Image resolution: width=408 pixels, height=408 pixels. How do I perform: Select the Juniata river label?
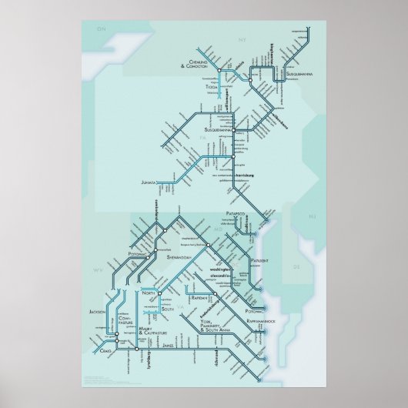[x=154, y=183]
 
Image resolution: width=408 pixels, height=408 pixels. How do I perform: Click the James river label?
[x=169, y=347]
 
